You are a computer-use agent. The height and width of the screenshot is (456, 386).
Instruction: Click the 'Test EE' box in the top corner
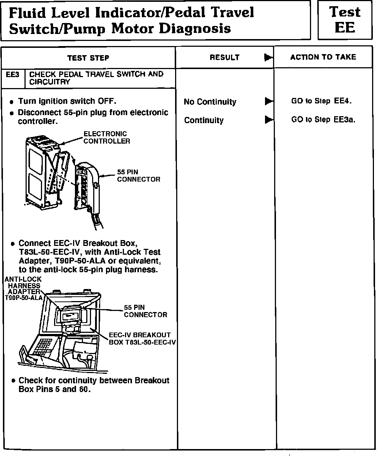point(345,20)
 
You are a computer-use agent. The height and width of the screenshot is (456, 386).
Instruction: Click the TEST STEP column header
point(88,58)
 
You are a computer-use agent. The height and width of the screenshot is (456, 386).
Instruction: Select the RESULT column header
point(224,57)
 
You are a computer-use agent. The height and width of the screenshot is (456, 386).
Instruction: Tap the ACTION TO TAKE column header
point(323,57)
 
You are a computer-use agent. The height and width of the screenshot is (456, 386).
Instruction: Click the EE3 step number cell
point(13,75)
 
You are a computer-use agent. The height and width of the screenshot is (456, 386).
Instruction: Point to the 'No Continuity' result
point(210,102)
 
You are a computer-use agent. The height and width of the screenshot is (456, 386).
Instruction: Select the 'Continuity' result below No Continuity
point(204,120)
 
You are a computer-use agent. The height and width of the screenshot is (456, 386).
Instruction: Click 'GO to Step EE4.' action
point(321,101)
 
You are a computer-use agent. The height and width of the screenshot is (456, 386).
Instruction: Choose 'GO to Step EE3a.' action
point(323,119)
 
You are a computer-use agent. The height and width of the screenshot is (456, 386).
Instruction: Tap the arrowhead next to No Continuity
point(269,101)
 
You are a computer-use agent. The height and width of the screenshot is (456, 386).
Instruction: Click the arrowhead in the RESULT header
point(269,57)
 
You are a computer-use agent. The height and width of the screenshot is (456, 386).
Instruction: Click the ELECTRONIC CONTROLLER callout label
point(106,137)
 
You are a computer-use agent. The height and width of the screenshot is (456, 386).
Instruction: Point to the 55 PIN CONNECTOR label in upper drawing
point(138,175)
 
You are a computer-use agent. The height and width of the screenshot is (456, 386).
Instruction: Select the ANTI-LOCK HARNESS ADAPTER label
point(23,289)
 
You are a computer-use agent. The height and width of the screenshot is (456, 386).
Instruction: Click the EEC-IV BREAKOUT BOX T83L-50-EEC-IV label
point(142,338)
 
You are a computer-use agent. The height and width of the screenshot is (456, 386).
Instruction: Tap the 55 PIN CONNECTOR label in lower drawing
point(145,311)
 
